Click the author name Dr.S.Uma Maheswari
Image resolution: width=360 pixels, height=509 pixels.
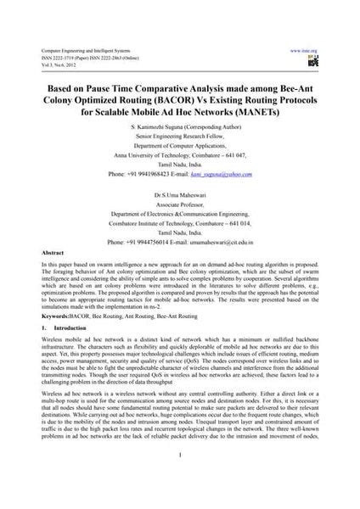(x=178, y=195)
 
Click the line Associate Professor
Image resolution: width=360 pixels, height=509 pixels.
(x=179, y=205)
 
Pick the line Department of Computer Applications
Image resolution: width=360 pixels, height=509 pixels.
(x=179, y=147)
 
